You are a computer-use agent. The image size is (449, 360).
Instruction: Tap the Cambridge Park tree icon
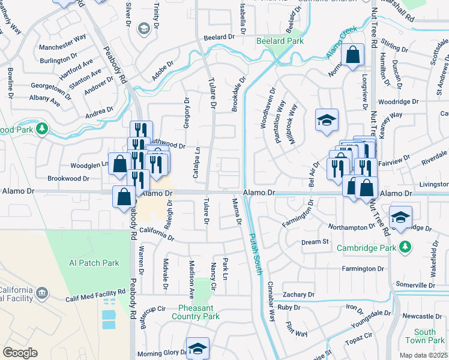click(x=406, y=247)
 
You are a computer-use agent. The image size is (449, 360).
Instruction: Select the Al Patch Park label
click(x=94, y=263)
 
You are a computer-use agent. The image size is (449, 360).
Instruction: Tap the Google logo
click(x=20, y=353)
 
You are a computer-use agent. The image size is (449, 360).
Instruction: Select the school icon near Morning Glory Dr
click(x=197, y=347)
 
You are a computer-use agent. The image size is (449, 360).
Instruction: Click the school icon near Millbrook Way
click(x=327, y=121)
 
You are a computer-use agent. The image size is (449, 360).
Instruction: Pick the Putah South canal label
click(x=256, y=254)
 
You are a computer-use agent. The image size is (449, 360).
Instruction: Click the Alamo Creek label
click(x=342, y=41)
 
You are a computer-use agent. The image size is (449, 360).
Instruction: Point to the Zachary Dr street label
click(x=299, y=295)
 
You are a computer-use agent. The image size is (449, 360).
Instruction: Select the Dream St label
click(x=315, y=242)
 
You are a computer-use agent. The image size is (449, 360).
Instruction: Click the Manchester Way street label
click(x=62, y=43)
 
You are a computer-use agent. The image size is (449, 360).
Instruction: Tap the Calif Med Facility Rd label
click(x=89, y=292)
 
